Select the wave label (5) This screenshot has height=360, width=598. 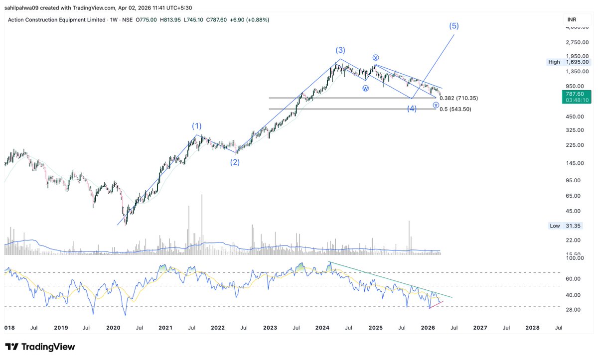click(453, 26)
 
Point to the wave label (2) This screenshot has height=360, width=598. click(235, 162)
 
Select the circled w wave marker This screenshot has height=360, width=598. click(365, 88)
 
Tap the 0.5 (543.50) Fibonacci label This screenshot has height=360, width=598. click(455, 109)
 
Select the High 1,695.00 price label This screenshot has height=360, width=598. click(568, 62)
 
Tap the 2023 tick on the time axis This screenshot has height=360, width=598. click(270, 327)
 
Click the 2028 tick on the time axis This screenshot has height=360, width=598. click(532, 327)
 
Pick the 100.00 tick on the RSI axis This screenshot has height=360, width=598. click(574, 258)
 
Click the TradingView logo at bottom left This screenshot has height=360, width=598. click(40, 347)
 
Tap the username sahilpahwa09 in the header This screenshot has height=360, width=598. click(25, 8)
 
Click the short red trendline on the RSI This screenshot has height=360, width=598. click(437, 305)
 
